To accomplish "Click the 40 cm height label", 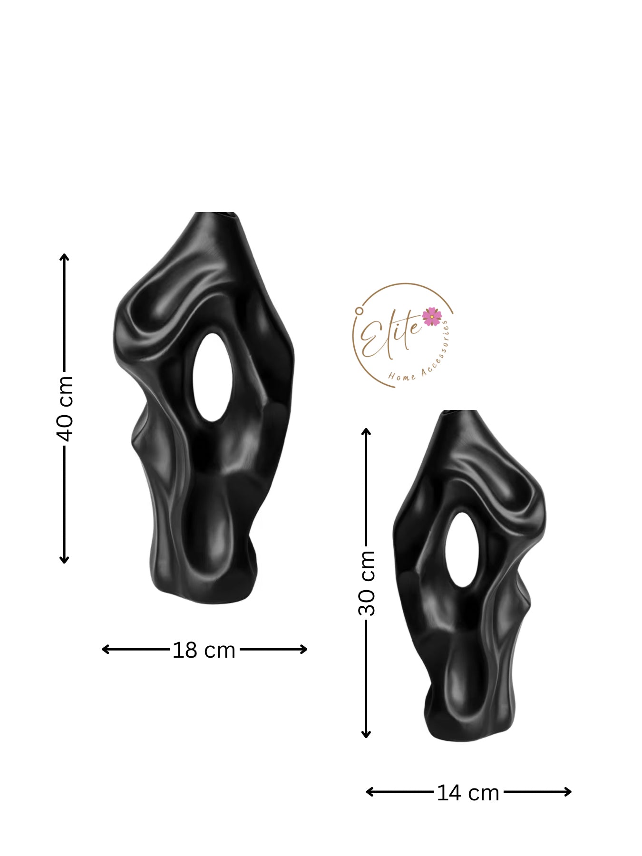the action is (64, 409).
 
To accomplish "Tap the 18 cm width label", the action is (204, 650).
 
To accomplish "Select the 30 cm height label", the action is (366, 583).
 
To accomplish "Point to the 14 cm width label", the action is (468, 793).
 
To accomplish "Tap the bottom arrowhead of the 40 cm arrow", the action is (64, 559).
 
